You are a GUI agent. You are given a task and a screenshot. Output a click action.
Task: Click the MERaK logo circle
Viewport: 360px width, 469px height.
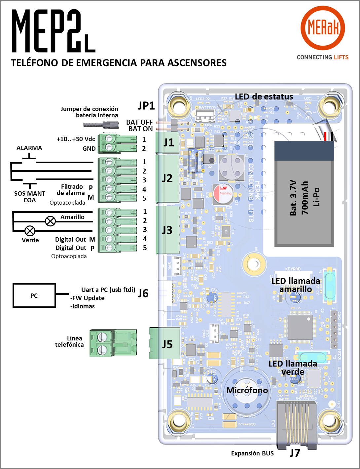tap(323, 28)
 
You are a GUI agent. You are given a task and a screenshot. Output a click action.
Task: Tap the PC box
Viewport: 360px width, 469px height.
tap(34, 295)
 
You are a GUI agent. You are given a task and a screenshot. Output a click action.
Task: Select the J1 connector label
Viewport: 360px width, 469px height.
tap(168, 142)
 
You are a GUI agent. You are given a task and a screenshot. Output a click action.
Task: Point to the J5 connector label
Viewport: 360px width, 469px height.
tap(167, 344)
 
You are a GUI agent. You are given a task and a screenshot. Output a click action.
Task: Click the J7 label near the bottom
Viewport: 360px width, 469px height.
tap(295, 452)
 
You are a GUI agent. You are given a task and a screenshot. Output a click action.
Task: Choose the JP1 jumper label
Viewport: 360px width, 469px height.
tap(146, 105)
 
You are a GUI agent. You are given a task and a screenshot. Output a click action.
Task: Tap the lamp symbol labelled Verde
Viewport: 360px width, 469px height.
tap(30, 231)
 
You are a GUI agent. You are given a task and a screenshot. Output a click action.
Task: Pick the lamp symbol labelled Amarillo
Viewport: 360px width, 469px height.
tap(50, 221)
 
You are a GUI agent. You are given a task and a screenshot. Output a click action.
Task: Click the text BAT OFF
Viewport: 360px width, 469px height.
tap(139, 122)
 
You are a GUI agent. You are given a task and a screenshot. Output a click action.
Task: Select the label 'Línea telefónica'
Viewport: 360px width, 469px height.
tap(70, 341)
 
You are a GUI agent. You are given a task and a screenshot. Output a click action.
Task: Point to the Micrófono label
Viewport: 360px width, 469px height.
tap(247, 390)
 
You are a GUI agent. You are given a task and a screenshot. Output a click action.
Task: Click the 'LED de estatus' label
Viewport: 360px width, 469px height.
tap(264, 97)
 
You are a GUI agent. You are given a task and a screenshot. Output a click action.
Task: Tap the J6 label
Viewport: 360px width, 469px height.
tap(143, 293)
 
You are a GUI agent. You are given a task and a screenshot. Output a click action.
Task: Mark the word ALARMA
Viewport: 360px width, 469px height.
tap(29, 148)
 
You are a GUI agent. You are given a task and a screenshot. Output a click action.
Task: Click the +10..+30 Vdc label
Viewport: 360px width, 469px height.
tap(76, 139)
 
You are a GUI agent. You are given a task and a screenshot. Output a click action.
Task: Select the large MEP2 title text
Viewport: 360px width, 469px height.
tap(53, 31)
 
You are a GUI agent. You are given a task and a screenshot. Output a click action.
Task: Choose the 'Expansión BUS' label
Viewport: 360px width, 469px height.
tap(252, 453)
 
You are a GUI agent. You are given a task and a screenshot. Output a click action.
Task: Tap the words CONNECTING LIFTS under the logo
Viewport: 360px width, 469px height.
tap(322, 57)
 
